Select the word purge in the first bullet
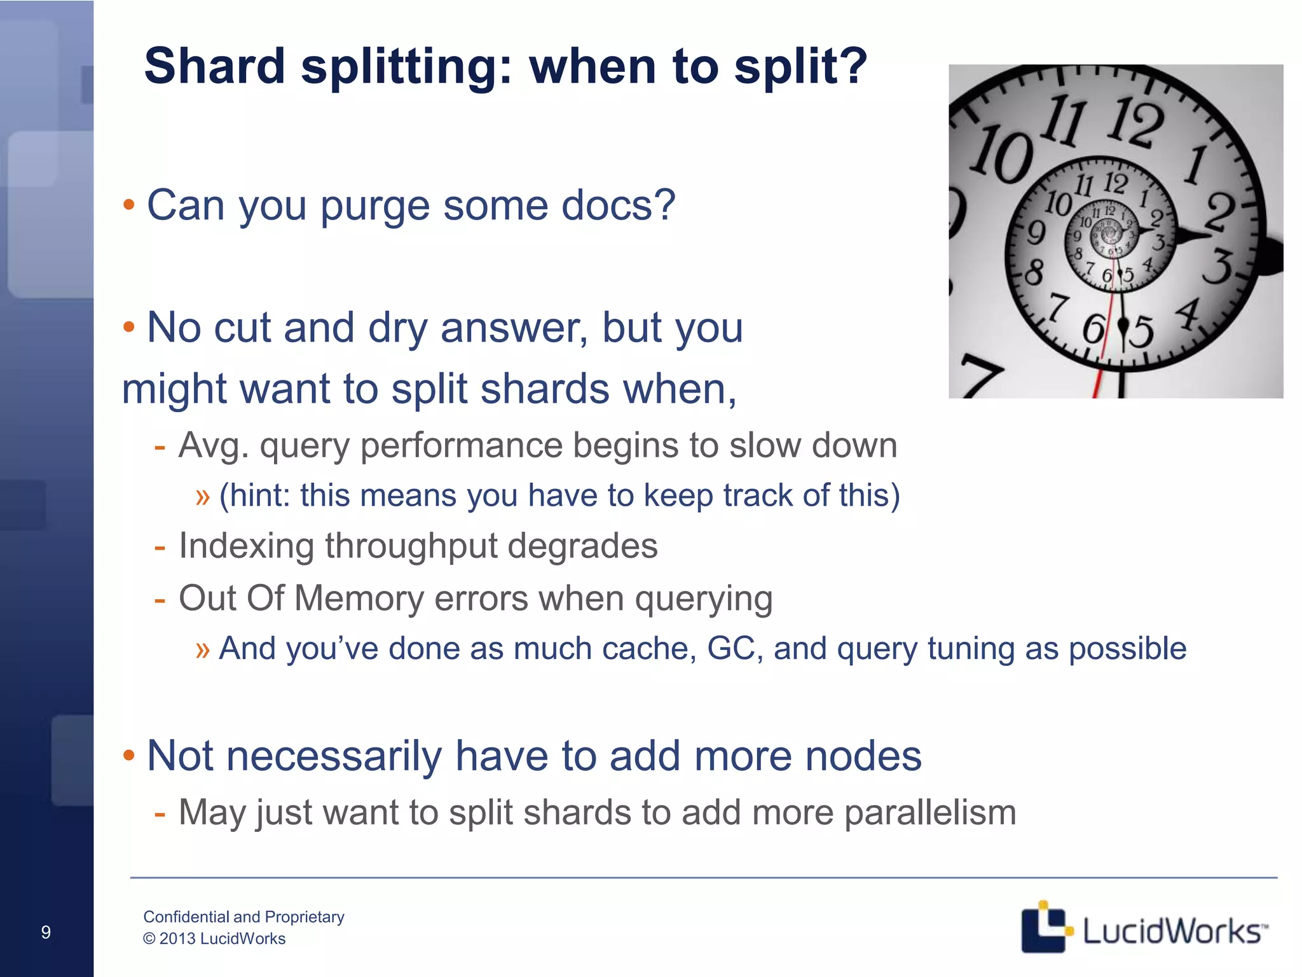375,206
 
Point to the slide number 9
46,932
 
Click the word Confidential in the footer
186,917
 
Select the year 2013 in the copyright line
177,939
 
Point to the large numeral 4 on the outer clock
1187,314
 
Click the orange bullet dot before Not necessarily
129,756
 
